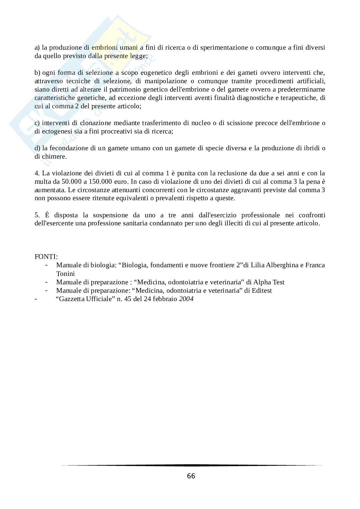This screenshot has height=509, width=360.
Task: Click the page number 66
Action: [x=191, y=476]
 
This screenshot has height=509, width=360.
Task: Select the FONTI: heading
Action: [x=46, y=257]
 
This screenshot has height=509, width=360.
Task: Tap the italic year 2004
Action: [x=186, y=299]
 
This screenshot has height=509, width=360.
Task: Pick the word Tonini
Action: [x=65, y=274]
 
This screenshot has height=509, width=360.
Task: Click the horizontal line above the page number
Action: [x=191, y=465]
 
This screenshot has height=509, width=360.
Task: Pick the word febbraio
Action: [x=165, y=299]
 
